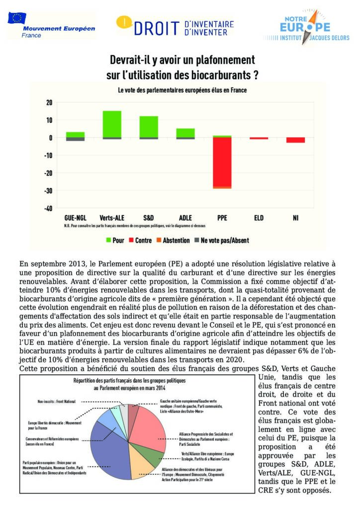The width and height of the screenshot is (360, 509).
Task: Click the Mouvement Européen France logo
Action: pos(51,25)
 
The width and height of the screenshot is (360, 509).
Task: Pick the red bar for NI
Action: pos(295,140)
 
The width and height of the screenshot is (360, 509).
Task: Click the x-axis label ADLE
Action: pos(185,217)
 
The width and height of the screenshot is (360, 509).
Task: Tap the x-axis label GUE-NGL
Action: pos(75,217)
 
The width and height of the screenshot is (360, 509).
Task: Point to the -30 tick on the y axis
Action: pos(48,191)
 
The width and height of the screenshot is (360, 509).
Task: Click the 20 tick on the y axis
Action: pos(49,102)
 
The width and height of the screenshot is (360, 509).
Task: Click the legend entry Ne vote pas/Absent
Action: pos(221,241)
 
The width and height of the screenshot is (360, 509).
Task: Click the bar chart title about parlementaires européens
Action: pos(182,90)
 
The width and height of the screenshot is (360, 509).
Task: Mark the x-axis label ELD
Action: pos(259,217)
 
